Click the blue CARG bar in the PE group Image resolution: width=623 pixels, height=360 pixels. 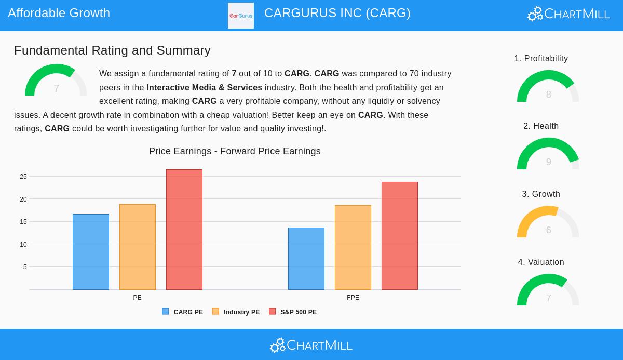point(91,252)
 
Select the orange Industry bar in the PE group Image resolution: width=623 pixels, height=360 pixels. point(138,247)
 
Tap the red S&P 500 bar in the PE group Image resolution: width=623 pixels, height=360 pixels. point(184,230)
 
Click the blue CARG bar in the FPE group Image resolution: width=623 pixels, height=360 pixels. point(306,259)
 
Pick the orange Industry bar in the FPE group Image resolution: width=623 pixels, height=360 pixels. point(353,247)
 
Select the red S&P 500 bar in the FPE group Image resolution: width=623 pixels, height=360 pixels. point(400,236)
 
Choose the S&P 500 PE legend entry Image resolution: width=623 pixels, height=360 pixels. point(293,312)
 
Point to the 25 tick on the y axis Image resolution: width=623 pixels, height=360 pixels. point(23,177)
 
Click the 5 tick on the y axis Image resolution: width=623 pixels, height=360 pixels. point(25,267)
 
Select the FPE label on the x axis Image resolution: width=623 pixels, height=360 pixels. point(353,298)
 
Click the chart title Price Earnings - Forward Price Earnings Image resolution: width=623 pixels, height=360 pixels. point(235,151)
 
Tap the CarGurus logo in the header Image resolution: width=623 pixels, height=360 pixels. point(241,16)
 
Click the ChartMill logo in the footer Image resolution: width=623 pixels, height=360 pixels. point(311,345)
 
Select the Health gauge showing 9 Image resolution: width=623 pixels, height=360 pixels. point(548,154)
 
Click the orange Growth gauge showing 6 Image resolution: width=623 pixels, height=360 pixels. point(548,222)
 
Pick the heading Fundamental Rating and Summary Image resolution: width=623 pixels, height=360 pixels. point(112,50)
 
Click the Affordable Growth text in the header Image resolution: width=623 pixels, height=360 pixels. point(59,13)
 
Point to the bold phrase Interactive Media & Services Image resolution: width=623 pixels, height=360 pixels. point(204,87)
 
